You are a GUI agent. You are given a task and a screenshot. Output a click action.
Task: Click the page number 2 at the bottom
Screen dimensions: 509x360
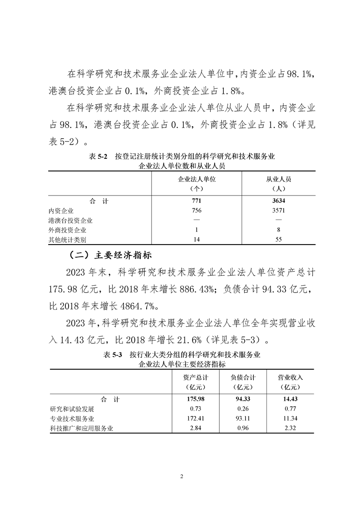181,476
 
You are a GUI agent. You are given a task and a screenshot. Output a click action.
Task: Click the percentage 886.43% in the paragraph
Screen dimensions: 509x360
197,289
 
